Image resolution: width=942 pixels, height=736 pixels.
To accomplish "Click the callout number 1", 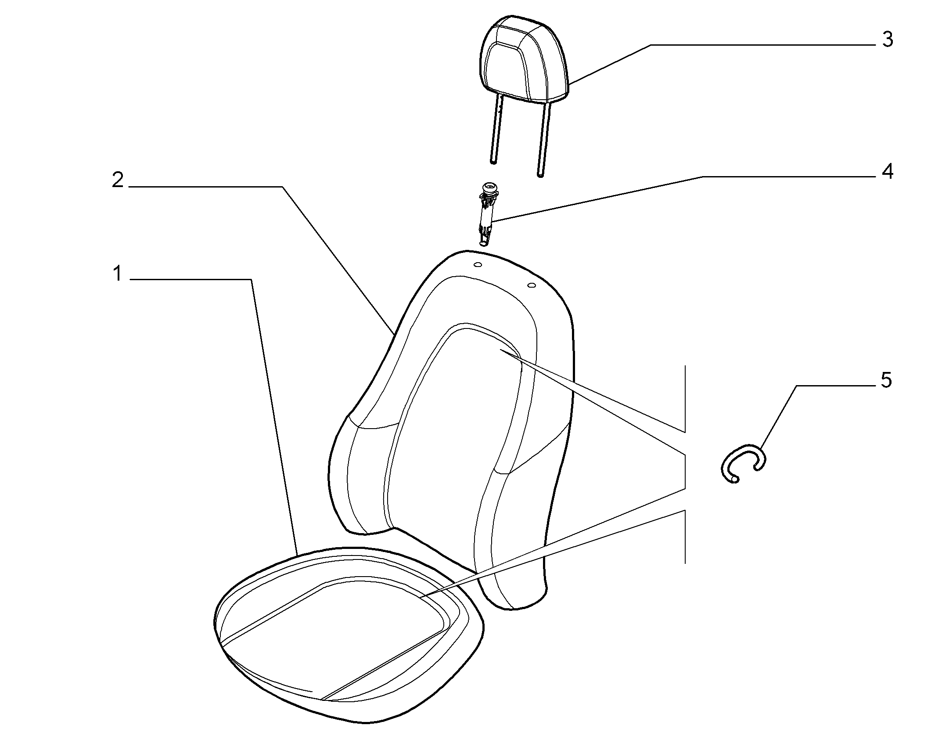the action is point(117,274).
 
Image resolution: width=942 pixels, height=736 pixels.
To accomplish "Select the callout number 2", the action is point(118,180).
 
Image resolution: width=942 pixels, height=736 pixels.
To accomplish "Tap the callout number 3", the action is point(888,40).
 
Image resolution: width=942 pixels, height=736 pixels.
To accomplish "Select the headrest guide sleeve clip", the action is point(488,215).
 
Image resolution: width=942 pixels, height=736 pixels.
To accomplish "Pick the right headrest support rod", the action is point(543,140).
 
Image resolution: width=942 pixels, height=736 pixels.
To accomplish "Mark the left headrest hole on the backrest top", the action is point(478,265).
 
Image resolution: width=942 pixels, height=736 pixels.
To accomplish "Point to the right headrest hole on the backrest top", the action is point(531,286).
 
